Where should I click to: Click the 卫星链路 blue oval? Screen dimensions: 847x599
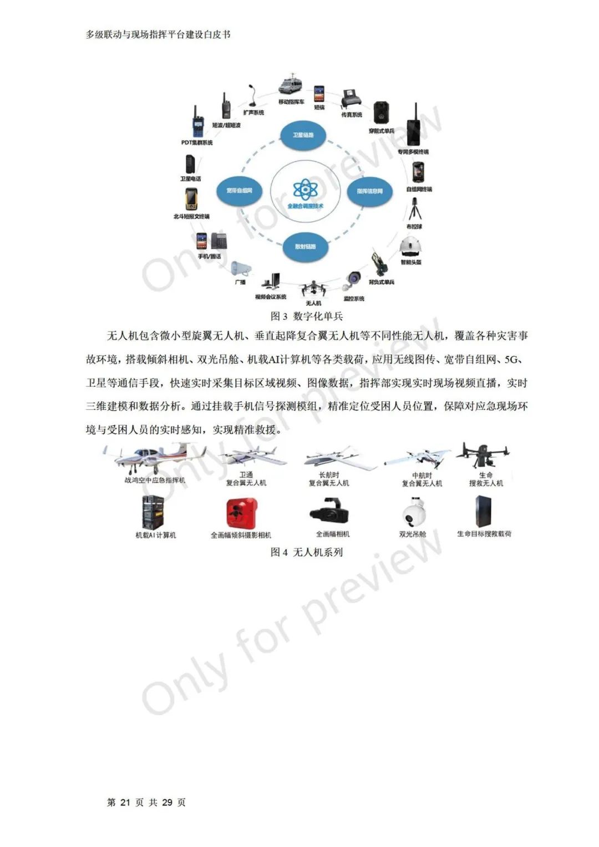pyautogui.click(x=303, y=135)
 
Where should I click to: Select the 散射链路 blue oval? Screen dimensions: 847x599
pyautogui.click(x=304, y=247)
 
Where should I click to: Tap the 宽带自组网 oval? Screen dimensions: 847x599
pyautogui.click(x=239, y=191)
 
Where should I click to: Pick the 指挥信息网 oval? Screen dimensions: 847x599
pyautogui.click(x=369, y=191)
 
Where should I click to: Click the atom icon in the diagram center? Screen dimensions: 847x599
pyautogui.click(x=305, y=190)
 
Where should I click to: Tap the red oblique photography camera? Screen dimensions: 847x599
pyautogui.click(x=242, y=513)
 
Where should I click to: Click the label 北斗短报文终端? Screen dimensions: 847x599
pyautogui.click(x=191, y=217)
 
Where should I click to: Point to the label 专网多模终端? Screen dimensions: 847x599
pyautogui.click(x=413, y=152)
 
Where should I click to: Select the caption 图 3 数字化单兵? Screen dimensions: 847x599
pyautogui.click(x=307, y=317)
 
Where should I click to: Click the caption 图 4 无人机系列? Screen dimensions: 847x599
pyautogui.click(x=307, y=552)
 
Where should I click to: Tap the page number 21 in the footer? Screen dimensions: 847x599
pyautogui.click(x=125, y=803)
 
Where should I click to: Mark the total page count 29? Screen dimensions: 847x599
pyautogui.click(x=167, y=803)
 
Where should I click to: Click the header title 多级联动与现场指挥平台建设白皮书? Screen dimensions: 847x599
pyautogui.click(x=158, y=34)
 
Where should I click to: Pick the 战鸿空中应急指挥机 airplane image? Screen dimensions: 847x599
pyautogui.click(x=153, y=458)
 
